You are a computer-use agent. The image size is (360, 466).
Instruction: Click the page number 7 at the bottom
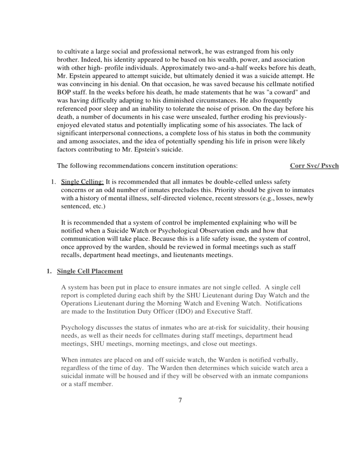[180, 400]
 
